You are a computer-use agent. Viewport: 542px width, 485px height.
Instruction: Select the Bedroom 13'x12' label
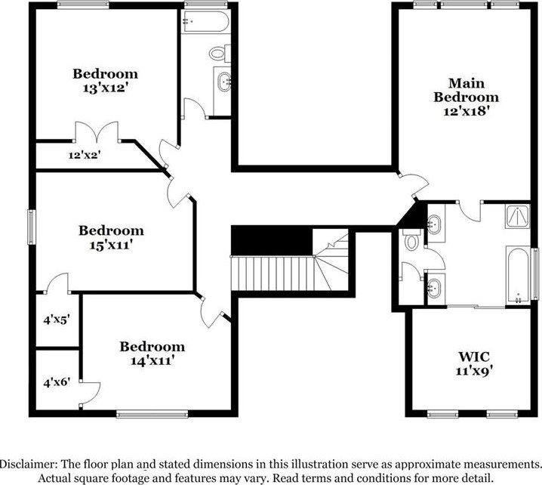pyautogui.click(x=105, y=81)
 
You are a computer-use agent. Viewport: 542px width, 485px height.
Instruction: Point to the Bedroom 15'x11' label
pyautogui.click(x=111, y=237)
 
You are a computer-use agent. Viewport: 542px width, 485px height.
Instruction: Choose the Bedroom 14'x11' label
pyautogui.click(x=152, y=354)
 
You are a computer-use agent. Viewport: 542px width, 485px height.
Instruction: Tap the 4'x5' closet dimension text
pyautogui.click(x=56, y=320)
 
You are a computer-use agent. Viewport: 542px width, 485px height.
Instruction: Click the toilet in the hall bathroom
pyautogui.click(x=217, y=54)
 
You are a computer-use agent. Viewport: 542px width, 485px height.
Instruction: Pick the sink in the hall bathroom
pyautogui.click(x=223, y=82)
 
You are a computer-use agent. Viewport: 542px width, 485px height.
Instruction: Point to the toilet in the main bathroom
pyautogui.click(x=411, y=241)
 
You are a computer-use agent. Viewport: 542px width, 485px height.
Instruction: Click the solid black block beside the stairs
pyautogui.click(x=271, y=241)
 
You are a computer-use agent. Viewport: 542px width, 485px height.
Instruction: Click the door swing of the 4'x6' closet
pyautogui.click(x=91, y=391)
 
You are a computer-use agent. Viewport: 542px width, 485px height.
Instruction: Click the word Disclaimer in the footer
pyautogui.click(x=28, y=463)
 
